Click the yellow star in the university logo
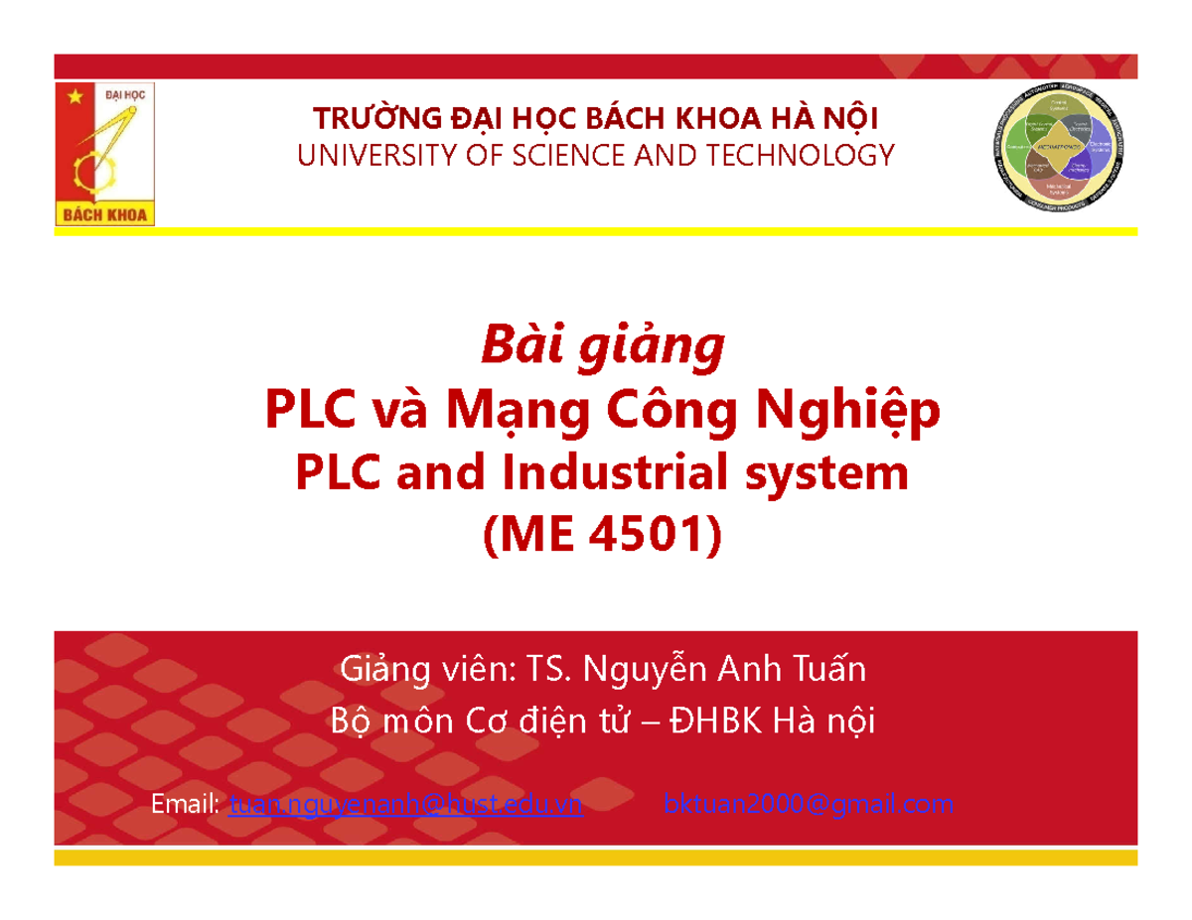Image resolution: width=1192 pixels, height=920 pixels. [x=72, y=97]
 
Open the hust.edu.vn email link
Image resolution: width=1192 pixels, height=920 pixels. [x=405, y=806]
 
